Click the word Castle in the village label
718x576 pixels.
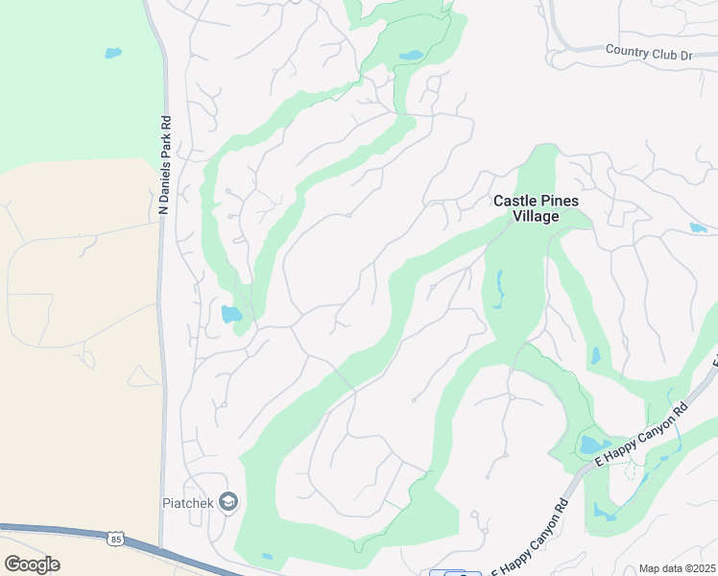pos(514,201)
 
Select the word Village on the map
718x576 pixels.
pos(535,217)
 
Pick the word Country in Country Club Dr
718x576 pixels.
pos(628,49)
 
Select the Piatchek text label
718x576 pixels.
pos(186,501)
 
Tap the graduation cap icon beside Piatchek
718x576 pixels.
pos(227,501)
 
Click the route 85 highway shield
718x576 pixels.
pos(115,540)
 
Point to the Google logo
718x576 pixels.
pos(32,564)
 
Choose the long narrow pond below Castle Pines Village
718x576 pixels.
pos(499,288)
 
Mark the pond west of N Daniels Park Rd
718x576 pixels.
pos(113,53)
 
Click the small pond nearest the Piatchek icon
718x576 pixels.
pos(267,557)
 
